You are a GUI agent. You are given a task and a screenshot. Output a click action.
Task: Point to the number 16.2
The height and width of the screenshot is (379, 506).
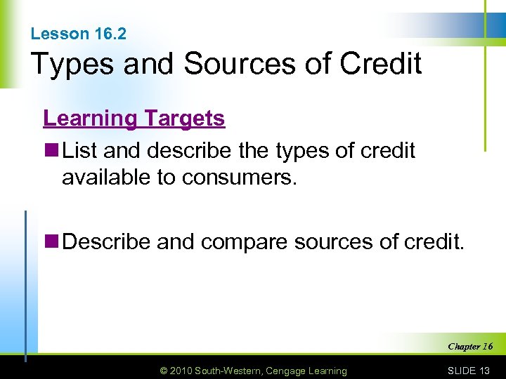pos(109,34)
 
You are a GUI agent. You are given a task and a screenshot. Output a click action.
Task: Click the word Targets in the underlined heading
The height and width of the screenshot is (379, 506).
pos(183,118)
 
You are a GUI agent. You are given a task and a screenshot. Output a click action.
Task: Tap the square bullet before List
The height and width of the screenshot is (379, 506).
pos(52,151)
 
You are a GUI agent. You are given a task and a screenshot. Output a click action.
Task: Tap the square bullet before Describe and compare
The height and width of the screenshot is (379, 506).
pos(52,242)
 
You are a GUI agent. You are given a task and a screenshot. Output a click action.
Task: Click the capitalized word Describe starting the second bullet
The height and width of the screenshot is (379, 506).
pos(107,242)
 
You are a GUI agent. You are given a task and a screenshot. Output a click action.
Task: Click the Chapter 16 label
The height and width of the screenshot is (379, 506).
pos(470,346)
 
